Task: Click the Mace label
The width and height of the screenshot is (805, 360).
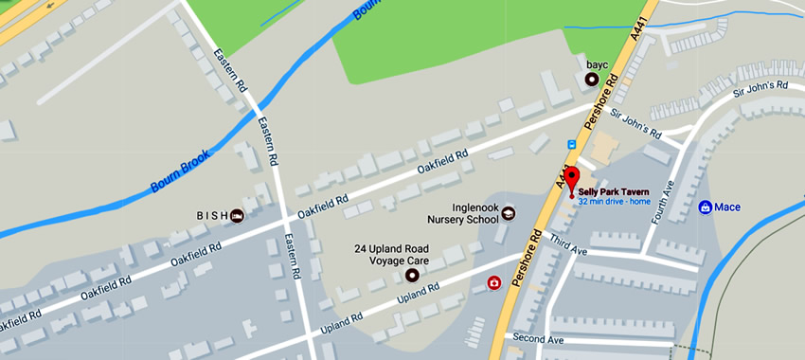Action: click(x=727, y=207)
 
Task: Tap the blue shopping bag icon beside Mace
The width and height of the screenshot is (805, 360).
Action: click(x=705, y=207)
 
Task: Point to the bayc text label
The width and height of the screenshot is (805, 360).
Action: click(x=597, y=65)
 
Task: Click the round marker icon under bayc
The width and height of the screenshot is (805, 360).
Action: click(x=593, y=81)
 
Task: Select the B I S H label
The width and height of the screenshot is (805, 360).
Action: click(x=212, y=215)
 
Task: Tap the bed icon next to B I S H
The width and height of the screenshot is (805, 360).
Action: click(x=237, y=215)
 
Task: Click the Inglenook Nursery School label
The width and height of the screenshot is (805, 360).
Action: click(x=461, y=213)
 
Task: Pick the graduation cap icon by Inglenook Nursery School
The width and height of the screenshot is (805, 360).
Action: click(x=509, y=213)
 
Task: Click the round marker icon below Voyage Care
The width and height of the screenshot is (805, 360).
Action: click(x=411, y=276)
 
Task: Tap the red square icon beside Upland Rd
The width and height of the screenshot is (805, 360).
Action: click(x=493, y=282)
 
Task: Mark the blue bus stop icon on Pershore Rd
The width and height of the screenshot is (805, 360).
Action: click(x=571, y=144)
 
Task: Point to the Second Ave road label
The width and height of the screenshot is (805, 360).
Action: click(x=538, y=338)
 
